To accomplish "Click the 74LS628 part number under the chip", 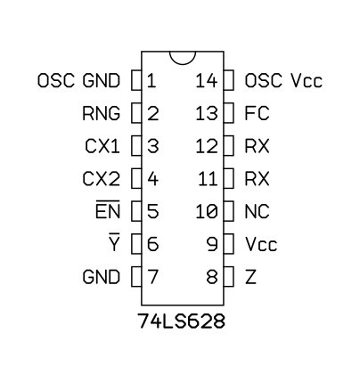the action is [x=181, y=321].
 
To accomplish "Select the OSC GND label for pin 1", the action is [x=79, y=80].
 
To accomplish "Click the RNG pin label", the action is [x=102, y=113].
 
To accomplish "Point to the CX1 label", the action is [x=102, y=146].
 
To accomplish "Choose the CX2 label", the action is [x=102, y=179].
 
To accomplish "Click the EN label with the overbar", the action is [x=108, y=210].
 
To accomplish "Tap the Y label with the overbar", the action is [x=114, y=242].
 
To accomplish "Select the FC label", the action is [x=258, y=113].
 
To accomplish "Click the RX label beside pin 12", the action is [x=258, y=146].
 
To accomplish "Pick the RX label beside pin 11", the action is [x=258, y=179].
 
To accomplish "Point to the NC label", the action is [x=258, y=212].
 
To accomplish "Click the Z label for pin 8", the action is [x=250, y=277].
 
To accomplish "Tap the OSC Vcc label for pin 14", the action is [x=283, y=80].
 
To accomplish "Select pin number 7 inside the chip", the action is [x=152, y=277].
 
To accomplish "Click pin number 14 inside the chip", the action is [x=207, y=80].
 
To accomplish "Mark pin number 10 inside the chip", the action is [x=207, y=212].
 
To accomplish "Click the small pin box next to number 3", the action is [x=136, y=146].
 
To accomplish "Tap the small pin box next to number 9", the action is [x=229, y=244].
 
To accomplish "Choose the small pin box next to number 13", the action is [x=229, y=113].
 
